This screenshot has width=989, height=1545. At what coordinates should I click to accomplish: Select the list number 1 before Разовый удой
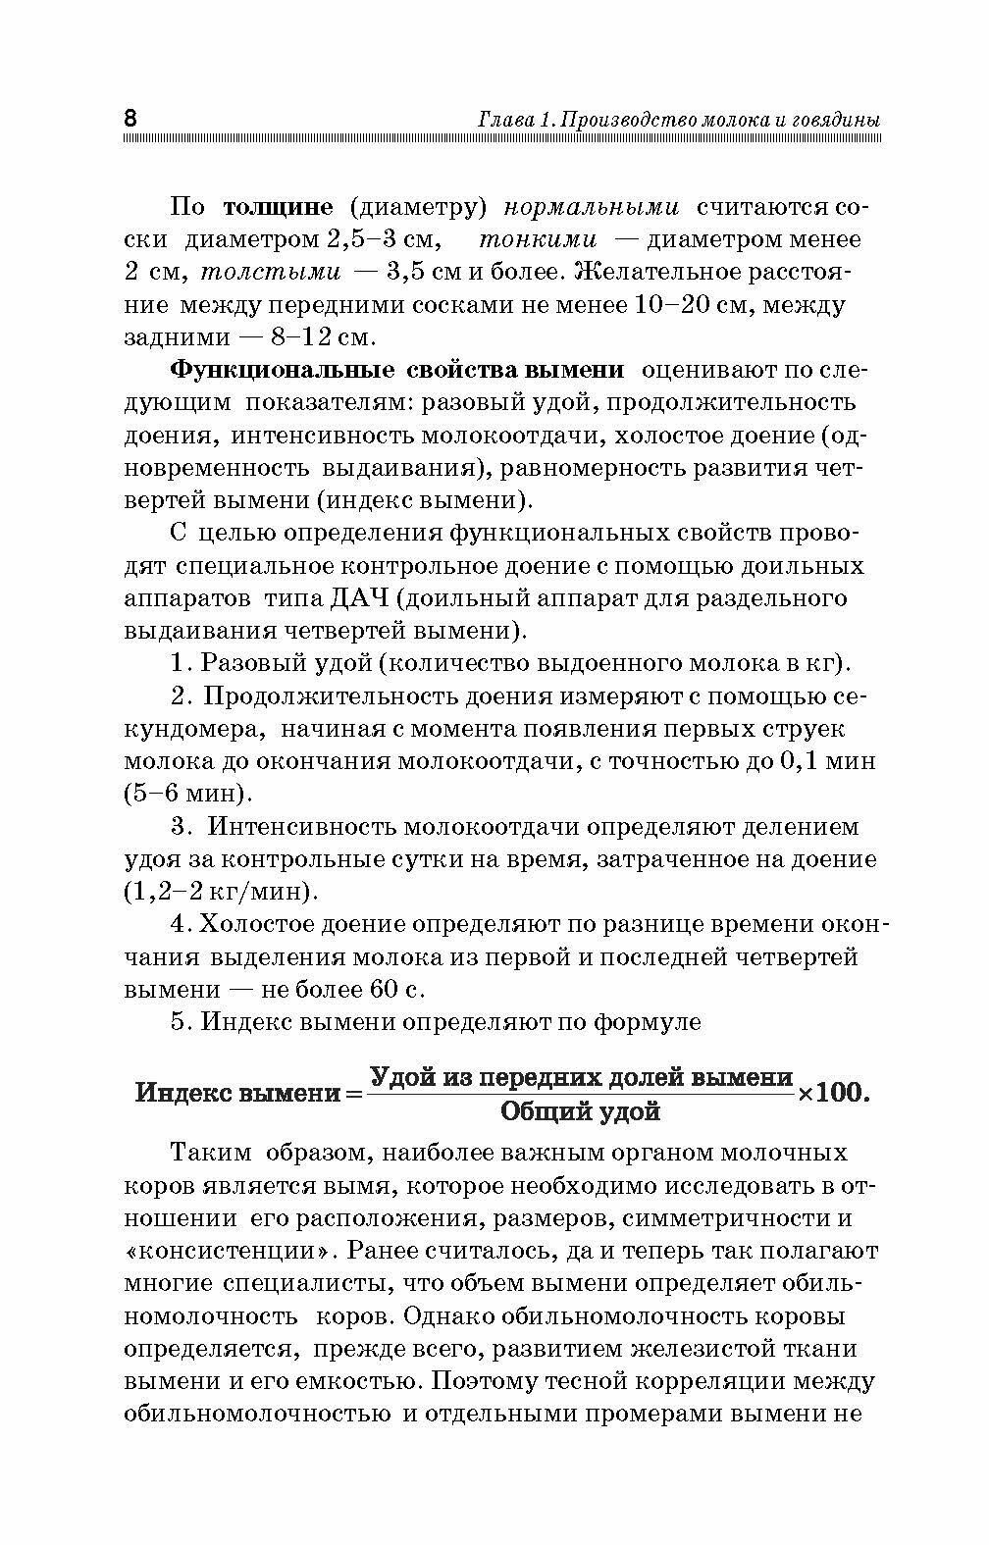pos(178,663)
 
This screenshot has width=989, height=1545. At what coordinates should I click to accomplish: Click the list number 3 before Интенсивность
pos(178,827)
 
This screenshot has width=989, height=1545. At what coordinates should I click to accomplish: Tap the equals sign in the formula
pos(352,1093)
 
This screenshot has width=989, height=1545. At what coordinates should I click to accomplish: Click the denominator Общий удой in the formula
pos(581,1111)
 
